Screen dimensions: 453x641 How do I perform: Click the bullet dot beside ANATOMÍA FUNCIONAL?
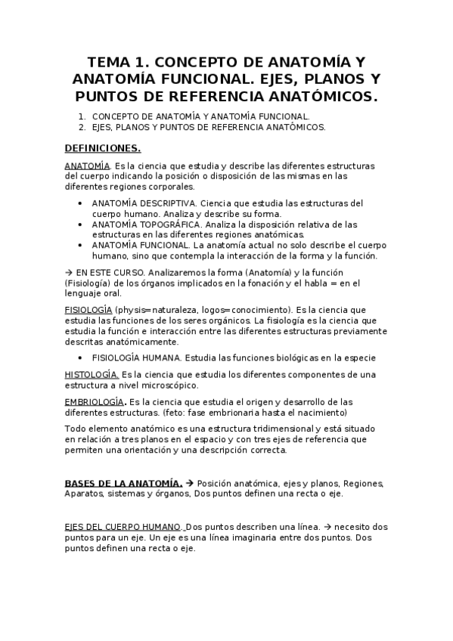click(82, 246)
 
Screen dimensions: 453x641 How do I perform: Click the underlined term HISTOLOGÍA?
click(92, 374)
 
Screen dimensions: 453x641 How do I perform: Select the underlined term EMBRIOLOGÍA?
click(94, 401)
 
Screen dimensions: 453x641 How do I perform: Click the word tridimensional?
click(274, 429)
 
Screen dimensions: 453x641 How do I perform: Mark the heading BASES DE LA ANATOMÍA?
click(123, 483)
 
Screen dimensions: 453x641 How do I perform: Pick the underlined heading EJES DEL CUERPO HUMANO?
click(123, 526)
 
